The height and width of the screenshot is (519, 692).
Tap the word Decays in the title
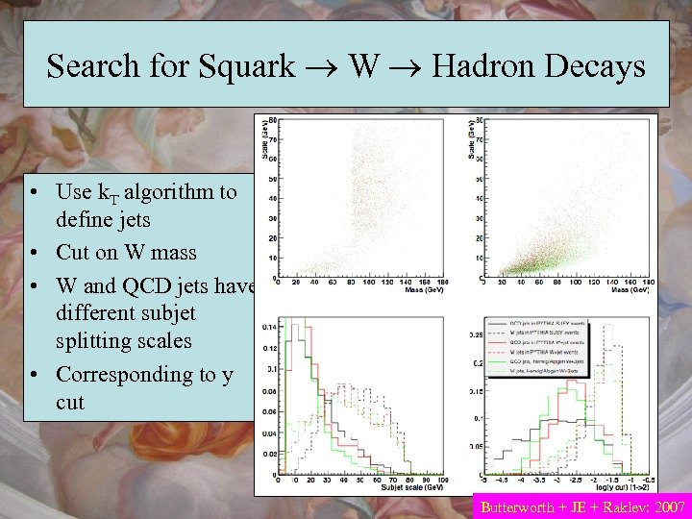[x=595, y=66]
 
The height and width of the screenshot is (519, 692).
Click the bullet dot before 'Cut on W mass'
[x=34, y=254]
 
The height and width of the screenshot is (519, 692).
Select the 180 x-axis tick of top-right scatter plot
[x=638, y=282]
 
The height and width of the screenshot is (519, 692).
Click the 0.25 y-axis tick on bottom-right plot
[x=477, y=334]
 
